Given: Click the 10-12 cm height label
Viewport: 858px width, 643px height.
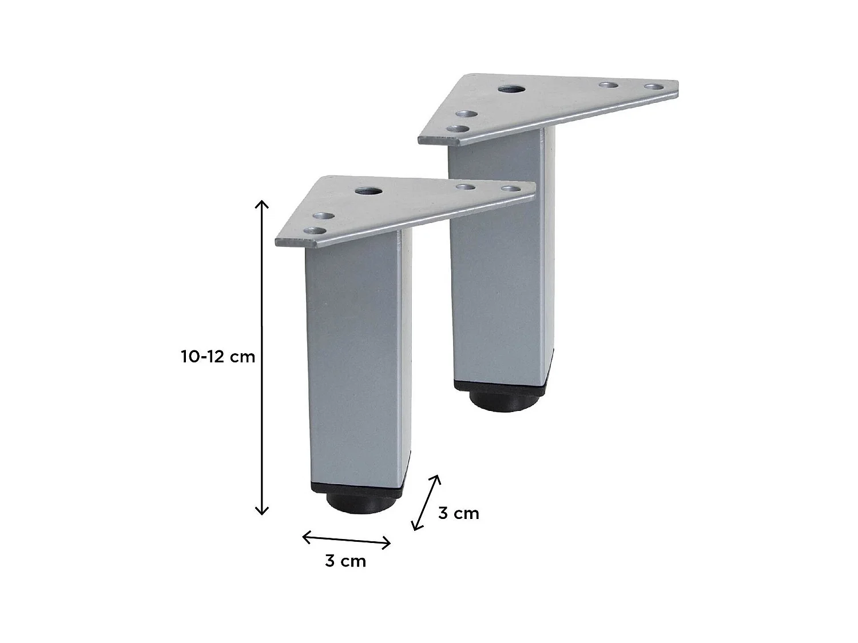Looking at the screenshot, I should (218, 357).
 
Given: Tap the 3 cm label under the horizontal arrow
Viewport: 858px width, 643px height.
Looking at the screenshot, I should (345, 561).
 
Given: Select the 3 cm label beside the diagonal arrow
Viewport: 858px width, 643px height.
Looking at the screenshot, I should (459, 514).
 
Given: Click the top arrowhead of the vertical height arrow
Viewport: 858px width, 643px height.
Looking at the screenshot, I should (261, 203).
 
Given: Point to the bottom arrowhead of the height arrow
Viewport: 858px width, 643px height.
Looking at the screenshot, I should (261, 512).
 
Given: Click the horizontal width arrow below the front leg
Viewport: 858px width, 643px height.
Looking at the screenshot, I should (347, 540).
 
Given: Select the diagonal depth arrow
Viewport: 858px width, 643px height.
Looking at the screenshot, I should (427, 502).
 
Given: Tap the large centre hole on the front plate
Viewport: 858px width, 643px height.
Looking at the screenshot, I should (363, 191).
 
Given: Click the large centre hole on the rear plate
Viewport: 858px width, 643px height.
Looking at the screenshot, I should (507, 89).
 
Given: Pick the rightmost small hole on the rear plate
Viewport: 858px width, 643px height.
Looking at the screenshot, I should (652, 87).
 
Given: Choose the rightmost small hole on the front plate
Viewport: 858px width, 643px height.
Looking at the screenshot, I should (509, 189).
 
